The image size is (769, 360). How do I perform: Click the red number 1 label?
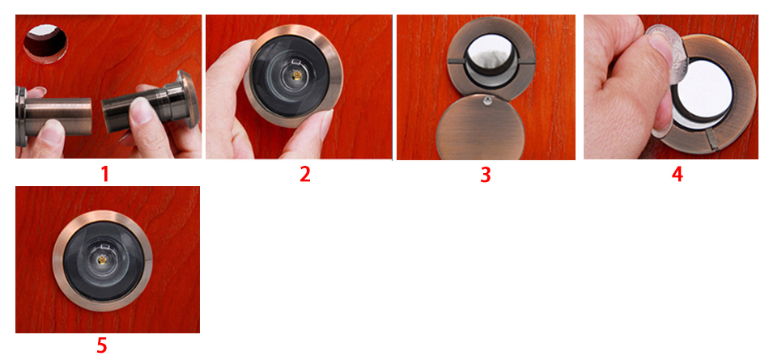pyautogui.click(x=104, y=175)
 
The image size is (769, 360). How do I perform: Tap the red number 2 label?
pyautogui.click(x=305, y=175)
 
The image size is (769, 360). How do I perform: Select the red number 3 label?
pyautogui.click(x=485, y=175)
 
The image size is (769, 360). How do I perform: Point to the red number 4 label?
pyautogui.click(x=678, y=175)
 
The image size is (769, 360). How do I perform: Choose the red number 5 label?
pyautogui.click(x=101, y=345)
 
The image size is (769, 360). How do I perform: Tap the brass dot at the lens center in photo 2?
pyautogui.click(x=295, y=75)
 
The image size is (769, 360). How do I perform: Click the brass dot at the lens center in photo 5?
pyautogui.click(x=103, y=260)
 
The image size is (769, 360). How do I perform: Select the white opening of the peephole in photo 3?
pyautogui.click(x=490, y=53)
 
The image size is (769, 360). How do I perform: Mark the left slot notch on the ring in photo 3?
pyautogui.click(x=456, y=61)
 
